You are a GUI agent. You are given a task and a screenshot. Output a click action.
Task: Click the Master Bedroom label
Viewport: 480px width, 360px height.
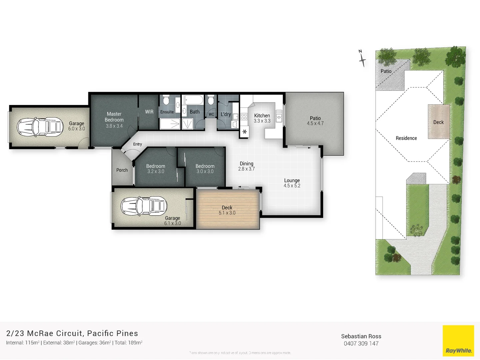click(114, 117)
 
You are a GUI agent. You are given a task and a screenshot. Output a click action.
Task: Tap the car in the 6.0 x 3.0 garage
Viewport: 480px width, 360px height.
click(40, 127)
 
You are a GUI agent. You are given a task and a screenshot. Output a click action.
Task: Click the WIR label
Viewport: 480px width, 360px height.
click(149, 112)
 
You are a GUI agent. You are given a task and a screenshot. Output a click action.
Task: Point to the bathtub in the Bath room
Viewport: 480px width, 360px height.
click(193, 100)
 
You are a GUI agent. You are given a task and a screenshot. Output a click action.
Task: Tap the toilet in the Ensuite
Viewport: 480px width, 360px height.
click(166, 100)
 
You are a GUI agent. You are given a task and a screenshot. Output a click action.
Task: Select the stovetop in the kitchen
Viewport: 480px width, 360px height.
click(244, 116)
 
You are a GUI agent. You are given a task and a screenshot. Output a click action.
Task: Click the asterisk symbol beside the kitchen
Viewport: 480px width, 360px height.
click(245, 132)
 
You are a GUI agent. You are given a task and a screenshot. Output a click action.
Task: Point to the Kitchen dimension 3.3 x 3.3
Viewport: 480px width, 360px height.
click(262, 121)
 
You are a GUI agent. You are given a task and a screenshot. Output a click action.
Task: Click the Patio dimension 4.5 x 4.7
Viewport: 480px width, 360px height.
click(315, 123)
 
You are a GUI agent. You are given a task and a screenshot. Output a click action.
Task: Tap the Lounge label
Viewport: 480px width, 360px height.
click(292, 180)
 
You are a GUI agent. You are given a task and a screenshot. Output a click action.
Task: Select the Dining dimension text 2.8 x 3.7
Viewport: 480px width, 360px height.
click(246, 169)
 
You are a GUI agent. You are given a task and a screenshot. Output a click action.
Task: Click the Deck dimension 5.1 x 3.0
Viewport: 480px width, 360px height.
click(227, 213)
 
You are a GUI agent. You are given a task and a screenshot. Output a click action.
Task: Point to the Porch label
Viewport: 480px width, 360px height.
click(122, 170)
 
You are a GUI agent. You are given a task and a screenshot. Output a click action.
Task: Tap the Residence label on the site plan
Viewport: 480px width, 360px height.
click(406, 138)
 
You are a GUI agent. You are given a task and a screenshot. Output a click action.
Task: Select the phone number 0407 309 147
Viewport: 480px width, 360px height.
click(361, 344)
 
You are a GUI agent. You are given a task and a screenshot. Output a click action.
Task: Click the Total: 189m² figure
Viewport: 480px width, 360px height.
click(128, 343)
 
